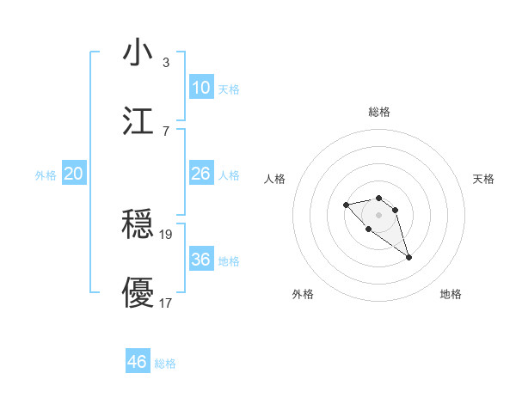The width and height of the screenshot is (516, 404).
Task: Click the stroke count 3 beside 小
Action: click(x=166, y=63)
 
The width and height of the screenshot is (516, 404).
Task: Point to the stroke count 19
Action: click(x=167, y=234)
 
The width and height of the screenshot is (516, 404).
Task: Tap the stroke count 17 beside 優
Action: click(x=167, y=302)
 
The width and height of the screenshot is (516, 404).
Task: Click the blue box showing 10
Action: click(x=200, y=88)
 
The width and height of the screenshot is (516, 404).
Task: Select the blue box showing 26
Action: click(x=200, y=174)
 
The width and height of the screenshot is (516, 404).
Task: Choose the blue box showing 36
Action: click(x=200, y=260)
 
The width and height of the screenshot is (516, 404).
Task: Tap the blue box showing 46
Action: click(x=138, y=362)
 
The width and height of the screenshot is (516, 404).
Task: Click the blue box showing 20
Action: click(x=73, y=174)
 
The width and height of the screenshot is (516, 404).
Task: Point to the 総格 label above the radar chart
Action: click(x=379, y=112)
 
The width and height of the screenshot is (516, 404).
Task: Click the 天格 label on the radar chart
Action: click(x=483, y=179)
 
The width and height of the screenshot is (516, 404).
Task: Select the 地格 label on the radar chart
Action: click(x=451, y=294)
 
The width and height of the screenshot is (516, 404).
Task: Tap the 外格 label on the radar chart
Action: click(x=303, y=294)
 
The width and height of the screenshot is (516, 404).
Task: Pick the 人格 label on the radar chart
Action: click(x=275, y=179)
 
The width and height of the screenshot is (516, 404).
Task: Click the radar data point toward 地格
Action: click(x=408, y=257)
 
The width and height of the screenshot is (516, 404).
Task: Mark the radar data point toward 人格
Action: click(x=346, y=205)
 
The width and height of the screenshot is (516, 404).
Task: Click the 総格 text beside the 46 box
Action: click(x=165, y=364)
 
